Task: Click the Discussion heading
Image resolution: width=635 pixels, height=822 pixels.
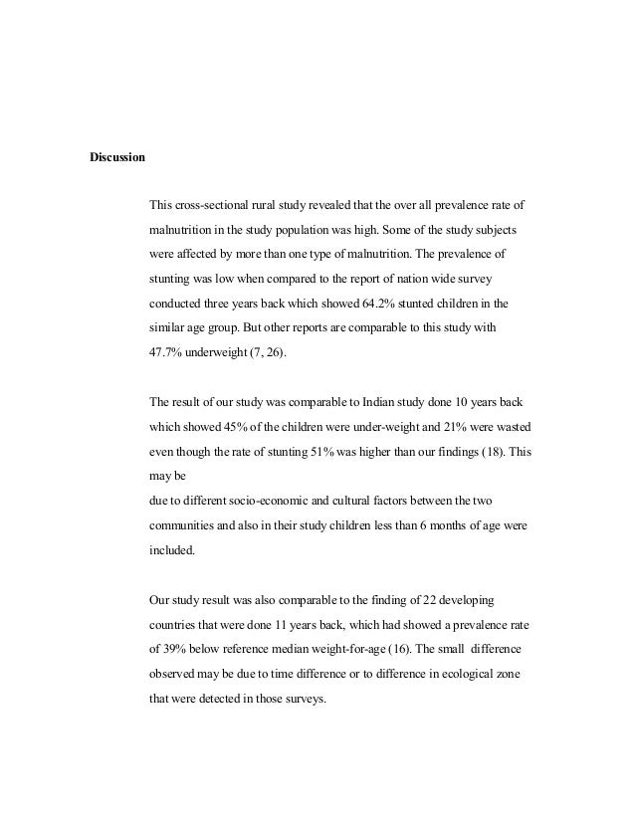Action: (117, 157)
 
